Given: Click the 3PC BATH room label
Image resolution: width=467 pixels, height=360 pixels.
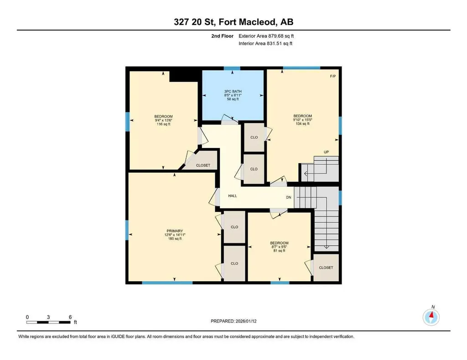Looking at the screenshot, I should [x=233, y=91].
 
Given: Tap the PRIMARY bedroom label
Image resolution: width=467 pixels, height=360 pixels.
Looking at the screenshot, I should [x=173, y=231].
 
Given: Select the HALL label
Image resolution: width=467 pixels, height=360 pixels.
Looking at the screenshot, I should [x=233, y=196].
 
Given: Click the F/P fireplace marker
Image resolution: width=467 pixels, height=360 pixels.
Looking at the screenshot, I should [x=333, y=76].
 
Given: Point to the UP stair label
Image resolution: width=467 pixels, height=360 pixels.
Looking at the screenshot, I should [x=327, y=152].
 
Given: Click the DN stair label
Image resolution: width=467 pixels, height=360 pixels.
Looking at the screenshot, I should [x=289, y=197].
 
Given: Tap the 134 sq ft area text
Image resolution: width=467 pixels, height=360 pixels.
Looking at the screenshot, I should [x=302, y=123].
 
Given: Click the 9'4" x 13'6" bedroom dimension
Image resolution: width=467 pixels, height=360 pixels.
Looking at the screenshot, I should [x=163, y=120].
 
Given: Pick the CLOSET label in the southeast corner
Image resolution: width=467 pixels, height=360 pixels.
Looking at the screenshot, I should [x=326, y=267].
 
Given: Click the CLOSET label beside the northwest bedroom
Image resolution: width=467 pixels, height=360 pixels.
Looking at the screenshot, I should [x=203, y=165].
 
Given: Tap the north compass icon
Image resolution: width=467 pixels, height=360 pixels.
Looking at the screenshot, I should [x=431, y=316].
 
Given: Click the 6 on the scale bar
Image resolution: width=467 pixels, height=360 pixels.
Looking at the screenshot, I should [x=70, y=317].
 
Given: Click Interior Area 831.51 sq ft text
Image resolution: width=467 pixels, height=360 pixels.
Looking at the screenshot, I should [x=265, y=44].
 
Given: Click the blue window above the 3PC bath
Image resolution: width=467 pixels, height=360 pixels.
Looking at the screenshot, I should [x=232, y=68].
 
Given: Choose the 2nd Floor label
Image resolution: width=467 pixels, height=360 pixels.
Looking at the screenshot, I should [x=222, y=36].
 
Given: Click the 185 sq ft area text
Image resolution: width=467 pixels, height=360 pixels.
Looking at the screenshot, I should [x=173, y=239].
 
